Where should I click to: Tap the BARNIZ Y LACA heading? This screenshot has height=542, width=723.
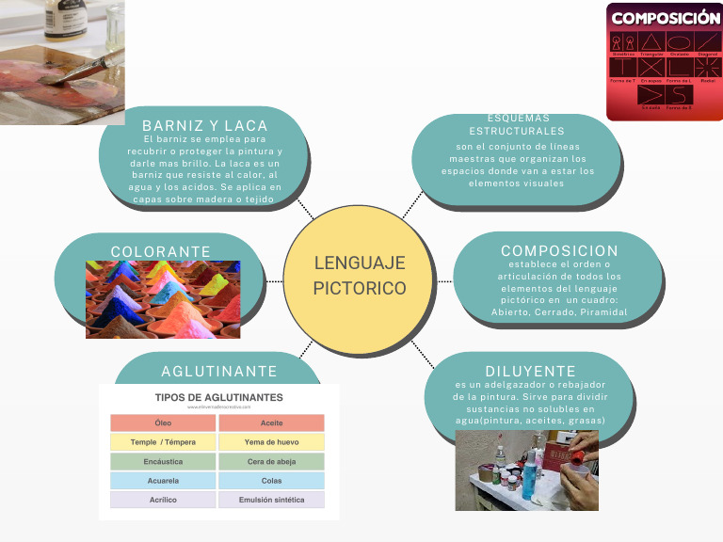click(205, 126)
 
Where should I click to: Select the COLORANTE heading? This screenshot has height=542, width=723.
click(161, 251)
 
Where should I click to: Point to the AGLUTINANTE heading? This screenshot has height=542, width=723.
click(219, 372)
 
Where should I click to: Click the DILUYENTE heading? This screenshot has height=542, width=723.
click(530, 371)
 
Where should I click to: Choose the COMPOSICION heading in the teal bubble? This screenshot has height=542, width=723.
click(559, 250)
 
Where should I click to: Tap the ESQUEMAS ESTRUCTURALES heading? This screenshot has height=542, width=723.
click(517, 124)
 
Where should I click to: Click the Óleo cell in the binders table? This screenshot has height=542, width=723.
click(163, 423)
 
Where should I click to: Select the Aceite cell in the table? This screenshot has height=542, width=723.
click(271, 423)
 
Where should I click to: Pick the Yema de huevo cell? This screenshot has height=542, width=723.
click(271, 442)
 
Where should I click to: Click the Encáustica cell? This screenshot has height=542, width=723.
click(163, 462)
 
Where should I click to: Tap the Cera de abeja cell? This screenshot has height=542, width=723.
click(271, 462)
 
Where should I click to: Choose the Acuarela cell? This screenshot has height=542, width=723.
click(163, 481)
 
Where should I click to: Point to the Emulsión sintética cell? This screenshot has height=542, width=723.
click(271, 500)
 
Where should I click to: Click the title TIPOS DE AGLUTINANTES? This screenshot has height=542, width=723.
click(218, 397)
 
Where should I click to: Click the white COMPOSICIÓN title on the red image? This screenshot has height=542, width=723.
click(666, 18)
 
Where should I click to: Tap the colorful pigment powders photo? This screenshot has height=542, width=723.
click(163, 299)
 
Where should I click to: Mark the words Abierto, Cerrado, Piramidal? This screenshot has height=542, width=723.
click(559, 312)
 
